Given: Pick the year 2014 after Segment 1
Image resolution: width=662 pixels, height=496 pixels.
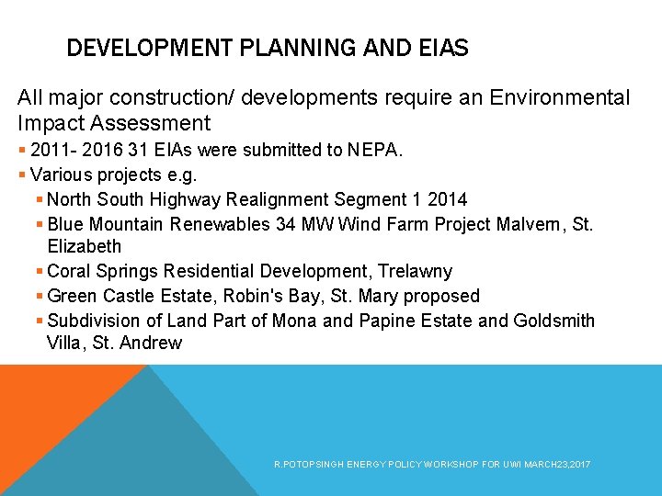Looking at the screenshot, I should click(448, 198).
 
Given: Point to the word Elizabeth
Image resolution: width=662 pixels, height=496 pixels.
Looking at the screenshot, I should click(84, 246).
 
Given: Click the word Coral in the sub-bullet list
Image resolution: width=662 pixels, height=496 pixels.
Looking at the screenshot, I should click(67, 271).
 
